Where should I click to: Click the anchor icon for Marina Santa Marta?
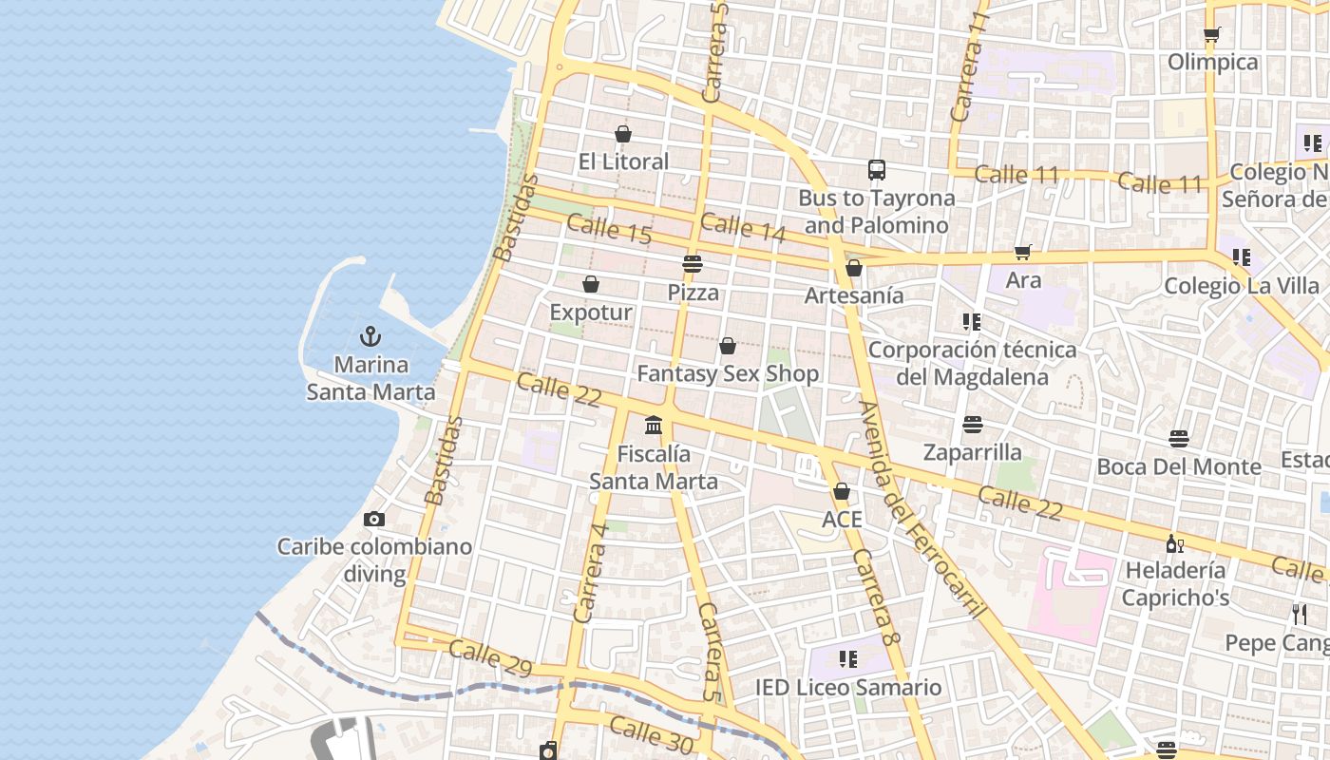coord(370,336)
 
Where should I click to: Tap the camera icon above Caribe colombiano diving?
coord(374,519)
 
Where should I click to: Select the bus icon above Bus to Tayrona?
coord(877,170)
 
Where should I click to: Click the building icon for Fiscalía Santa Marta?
coord(654,425)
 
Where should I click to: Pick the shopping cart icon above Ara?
coord(1023,252)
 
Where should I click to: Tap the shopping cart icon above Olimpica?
coord(1212,34)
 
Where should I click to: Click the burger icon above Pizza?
coord(693,263)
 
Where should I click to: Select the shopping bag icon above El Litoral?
coord(623,134)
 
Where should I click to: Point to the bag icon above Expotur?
coord(591,284)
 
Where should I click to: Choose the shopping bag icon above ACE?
coord(842,491)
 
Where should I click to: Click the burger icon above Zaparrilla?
coord(972,424)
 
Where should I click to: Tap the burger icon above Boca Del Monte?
coord(1179,438)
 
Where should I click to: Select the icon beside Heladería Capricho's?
coord(1175,543)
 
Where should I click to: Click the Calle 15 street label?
coord(609,230)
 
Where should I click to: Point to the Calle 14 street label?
coord(743,226)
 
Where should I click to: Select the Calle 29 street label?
coord(490,657)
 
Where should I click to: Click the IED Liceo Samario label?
coord(848,688)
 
